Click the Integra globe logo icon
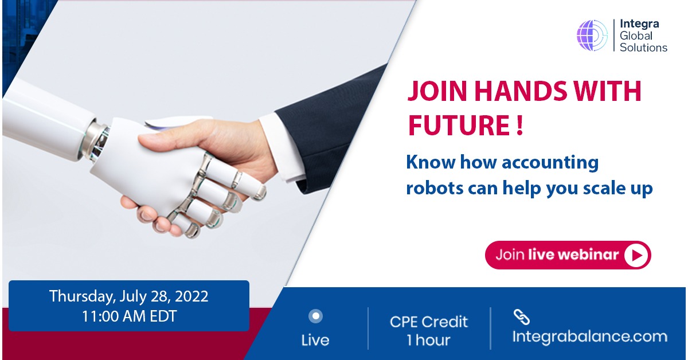coord(592,36)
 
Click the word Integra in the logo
coord(639,24)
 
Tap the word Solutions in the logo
coord(643,48)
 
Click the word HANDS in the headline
coord(521,91)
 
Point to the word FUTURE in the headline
coord(459,125)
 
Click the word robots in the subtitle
coord(435,188)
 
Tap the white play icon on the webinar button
coord(637,255)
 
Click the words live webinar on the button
coord(573,255)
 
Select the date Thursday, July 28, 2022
coord(129,296)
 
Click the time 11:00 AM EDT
coord(130,316)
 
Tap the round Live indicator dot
coord(315,316)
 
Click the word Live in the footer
coord(315,341)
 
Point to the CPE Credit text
coord(429,322)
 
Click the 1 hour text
coord(429,340)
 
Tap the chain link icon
coord(522,317)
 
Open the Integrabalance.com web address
coord(590,336)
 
